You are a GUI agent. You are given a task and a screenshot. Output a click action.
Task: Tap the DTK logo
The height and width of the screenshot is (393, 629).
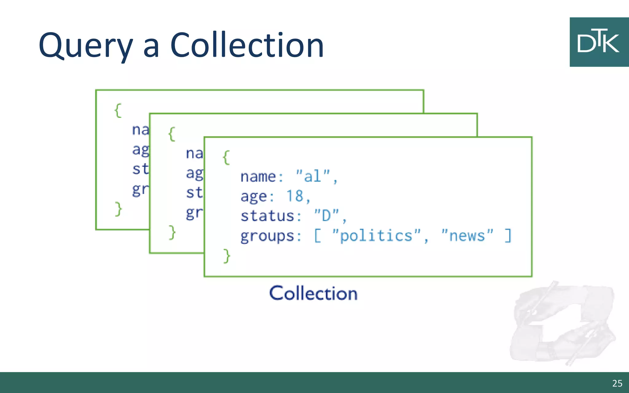(599, 42)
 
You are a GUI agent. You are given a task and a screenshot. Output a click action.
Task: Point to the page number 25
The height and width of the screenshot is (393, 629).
(617, 383)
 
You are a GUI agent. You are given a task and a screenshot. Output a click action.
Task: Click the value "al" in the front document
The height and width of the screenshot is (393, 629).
(313, 176)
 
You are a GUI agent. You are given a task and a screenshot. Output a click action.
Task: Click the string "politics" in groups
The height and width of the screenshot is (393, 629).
(376, 235)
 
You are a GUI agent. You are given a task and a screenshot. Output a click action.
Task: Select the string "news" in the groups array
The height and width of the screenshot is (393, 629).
(467, 235)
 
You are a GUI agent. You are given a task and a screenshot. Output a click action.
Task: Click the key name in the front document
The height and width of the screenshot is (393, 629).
(258, 177)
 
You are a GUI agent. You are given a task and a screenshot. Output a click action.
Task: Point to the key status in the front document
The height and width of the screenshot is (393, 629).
(267, 216)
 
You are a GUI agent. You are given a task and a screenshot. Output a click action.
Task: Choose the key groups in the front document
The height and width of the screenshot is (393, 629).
(267, 236)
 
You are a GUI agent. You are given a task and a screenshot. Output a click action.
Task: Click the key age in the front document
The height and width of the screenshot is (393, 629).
(253, 196)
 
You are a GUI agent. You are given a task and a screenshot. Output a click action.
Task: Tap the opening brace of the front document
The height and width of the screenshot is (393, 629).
(226, 158)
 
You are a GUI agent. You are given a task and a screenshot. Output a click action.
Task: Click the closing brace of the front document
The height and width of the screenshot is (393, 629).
(227, 256)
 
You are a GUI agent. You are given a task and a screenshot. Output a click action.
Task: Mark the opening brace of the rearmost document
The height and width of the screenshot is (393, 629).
(118, 110)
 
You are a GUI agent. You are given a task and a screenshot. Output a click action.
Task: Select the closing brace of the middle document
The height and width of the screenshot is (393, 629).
(172, 232)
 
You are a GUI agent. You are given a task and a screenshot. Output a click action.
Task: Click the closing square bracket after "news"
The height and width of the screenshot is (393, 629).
(508, 235)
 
